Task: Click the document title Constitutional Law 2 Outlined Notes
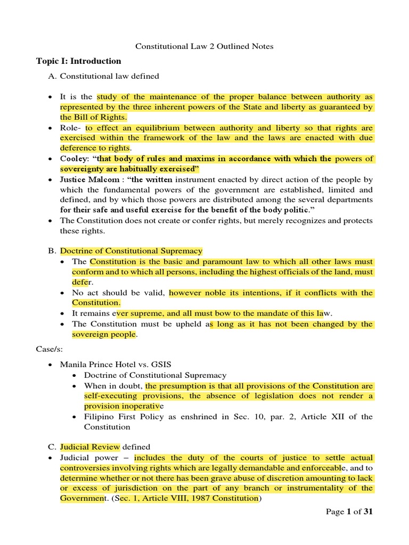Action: pyautogui.click(x=204, y=46)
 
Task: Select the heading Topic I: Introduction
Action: pyautogui.click(x=79, y=61)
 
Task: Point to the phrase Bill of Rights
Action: pyautogui.click(x=94, y=117)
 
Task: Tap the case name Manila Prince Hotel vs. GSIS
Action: pyautogui.click(x=123, y=365)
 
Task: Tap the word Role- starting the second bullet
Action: pyautogui.click(x=71, y=128)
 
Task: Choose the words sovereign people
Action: pyautogui.click(x=104, y=334)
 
